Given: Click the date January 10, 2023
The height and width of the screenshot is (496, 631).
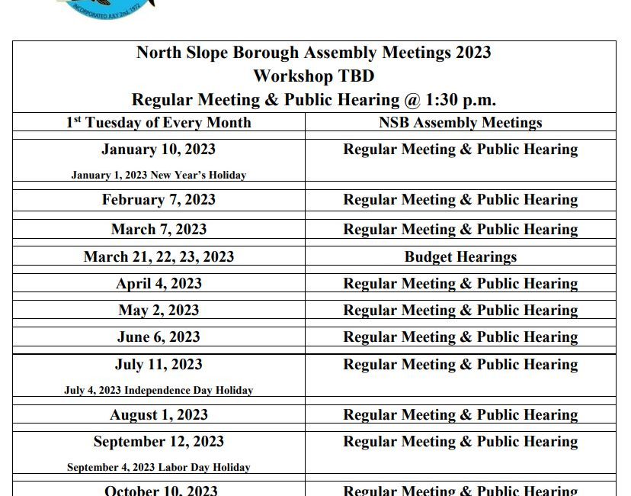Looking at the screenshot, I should [x=159, y=150].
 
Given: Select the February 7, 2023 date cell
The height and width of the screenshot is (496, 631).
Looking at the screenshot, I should [x=159, y=200].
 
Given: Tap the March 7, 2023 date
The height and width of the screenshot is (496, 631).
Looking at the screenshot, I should [x=159, y=230].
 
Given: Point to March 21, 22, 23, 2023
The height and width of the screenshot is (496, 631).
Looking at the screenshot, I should [x=159, y=257].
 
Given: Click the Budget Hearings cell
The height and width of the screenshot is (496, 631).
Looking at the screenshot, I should [x=460, y=257].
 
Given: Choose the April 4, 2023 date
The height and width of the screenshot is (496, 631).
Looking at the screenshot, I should [x=159, y=284].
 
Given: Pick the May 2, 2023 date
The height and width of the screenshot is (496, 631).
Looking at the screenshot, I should [x=159, y=311].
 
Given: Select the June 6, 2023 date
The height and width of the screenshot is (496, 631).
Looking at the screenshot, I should [x=159, y=337].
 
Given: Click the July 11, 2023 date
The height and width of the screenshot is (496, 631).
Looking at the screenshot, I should [x=159, y=365].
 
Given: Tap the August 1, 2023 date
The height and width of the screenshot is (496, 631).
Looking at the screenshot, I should [x=159, y=415].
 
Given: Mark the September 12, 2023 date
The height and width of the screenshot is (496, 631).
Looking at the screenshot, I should [x=159, y=442].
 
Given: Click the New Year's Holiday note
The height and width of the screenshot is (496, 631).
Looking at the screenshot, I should [x=159, y=176].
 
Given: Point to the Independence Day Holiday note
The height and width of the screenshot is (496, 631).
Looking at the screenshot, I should [x=159, y=391].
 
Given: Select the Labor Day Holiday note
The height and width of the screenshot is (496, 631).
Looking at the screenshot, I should [x=159, y=468].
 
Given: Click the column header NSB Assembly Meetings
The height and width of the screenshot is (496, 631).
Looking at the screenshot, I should [x=460, y=123].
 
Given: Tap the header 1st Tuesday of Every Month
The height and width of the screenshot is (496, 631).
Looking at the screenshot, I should [x=159, y=123].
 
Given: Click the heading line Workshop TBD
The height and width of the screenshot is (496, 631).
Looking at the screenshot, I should [x=314, y=76].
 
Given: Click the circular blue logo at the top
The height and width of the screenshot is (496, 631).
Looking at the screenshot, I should [x=107, y=6].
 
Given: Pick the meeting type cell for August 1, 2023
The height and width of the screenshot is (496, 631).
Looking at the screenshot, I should [x=460, y=415].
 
